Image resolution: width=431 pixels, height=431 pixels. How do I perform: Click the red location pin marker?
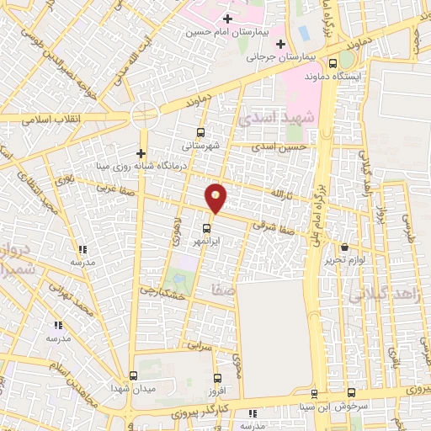coord(216,198)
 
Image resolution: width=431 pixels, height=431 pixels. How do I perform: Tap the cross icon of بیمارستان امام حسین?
coord(227,18)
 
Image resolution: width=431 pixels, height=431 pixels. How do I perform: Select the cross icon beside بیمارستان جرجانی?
coord(280,44)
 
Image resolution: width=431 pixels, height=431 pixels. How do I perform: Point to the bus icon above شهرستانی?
coord(200,132)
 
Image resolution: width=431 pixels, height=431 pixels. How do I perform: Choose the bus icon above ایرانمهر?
coord(206,228)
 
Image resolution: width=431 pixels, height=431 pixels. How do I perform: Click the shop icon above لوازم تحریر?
coord(344,247)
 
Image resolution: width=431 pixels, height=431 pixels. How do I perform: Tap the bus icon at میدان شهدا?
coord(134,377)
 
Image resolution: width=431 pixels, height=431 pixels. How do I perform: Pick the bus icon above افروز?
coord(217,379)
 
